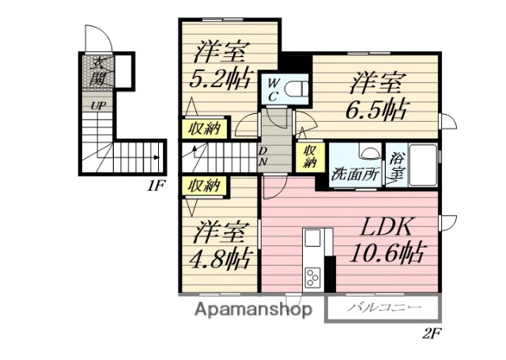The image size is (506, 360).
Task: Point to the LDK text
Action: (387, 227)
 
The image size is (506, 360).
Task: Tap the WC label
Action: (271, 89)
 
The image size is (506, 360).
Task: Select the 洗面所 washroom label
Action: (354, 173)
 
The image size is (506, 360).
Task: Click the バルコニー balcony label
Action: (379, 308)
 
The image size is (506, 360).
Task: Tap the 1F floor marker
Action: (155, 187)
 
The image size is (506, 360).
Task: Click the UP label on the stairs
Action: (98, 104)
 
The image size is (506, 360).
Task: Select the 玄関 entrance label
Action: (99, 70)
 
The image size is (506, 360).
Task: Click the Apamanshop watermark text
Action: (252, 309)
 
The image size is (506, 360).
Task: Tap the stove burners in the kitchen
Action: (312, 279)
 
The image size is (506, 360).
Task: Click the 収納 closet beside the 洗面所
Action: (309, 156)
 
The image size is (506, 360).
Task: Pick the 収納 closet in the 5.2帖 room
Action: (203, 128)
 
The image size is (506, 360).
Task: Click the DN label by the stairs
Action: (263, 156)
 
